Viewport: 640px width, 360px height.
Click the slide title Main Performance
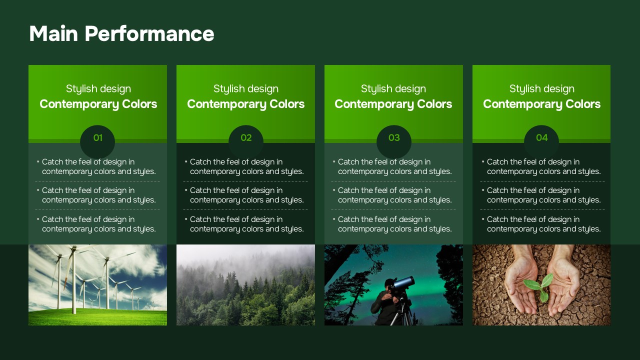(x=121, y=33)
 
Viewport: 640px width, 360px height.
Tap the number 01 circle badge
(x=97, y=141)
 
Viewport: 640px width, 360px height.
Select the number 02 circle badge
(x=245, y=141)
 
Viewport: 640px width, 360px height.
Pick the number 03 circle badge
(x=393, y=141)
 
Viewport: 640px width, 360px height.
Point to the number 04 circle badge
(x=541, y=141)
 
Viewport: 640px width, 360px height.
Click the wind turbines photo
(x=97, y=285)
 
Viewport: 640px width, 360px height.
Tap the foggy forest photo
(x=245, y=285)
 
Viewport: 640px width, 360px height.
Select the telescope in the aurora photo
(x=403, y=283)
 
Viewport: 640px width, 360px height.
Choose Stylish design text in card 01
(x=98, y=89)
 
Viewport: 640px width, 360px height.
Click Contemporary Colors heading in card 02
(x=245, y=104)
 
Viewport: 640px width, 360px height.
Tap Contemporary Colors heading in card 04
(x=541, y=104)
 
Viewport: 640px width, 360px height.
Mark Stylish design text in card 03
(x=393, y=89)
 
